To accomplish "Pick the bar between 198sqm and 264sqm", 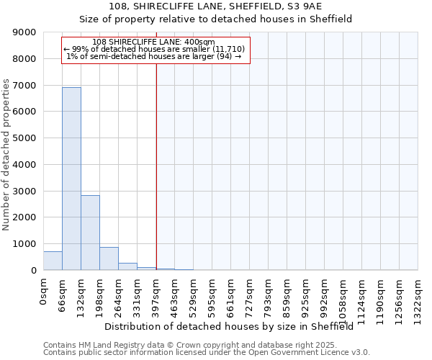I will [x=109, y=258].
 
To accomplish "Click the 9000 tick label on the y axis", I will [x=24, y=32].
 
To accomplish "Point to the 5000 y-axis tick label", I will [x=24, y=138].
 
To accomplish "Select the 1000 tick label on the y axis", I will [x=24, y=244].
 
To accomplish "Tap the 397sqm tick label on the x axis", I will [x=156, y=294].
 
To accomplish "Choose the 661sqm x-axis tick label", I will [x=231, y=294].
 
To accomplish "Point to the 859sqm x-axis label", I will [x=287, y=294].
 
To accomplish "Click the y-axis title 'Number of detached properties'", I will [x=6, y=155].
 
